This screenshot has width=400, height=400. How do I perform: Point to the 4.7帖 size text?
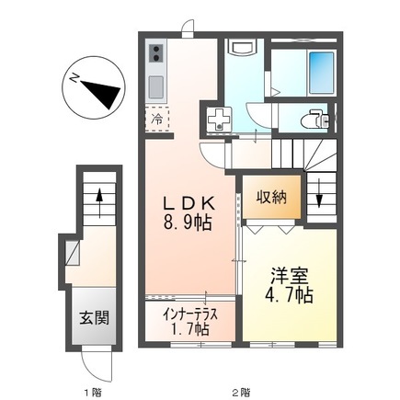point(289,295)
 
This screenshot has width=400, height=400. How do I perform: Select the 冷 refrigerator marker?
point(158,118)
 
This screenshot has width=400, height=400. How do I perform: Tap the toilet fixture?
point(315,118)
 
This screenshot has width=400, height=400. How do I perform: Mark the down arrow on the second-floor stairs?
point(319,197)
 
